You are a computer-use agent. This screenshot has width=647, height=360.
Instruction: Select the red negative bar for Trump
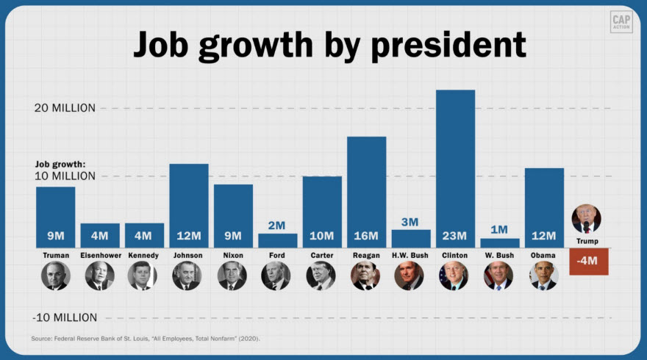coord(588,262)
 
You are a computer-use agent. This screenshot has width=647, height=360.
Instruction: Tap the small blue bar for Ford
coord(277,240)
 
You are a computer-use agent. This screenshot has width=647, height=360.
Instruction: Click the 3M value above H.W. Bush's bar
coord(410,222)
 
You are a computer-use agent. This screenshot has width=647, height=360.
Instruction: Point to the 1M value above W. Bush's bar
coord(499,230)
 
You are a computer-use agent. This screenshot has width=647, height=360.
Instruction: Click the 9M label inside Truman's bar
coord(55,236)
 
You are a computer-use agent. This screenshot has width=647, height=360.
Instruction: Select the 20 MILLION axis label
coord(65,108)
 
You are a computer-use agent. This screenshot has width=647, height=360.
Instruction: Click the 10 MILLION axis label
coord(65,176)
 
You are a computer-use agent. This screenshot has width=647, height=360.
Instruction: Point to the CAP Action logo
coord(621,21)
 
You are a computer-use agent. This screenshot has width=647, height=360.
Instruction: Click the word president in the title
coord(449,45)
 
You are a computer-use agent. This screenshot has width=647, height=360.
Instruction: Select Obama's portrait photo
coord(544,276)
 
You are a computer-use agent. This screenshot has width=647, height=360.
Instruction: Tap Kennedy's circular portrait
coord(143,276)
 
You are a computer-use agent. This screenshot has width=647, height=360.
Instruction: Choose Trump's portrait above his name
coord(587,219)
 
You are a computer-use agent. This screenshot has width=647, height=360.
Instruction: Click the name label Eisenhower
coord(99,256)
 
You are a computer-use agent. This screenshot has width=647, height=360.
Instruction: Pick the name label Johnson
coord(188,256)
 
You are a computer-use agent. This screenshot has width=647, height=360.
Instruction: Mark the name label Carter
coord(321,256)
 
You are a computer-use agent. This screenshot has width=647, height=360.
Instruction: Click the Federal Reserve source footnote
coord(146,339)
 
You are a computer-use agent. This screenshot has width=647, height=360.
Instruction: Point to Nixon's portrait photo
coord(232,276)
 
